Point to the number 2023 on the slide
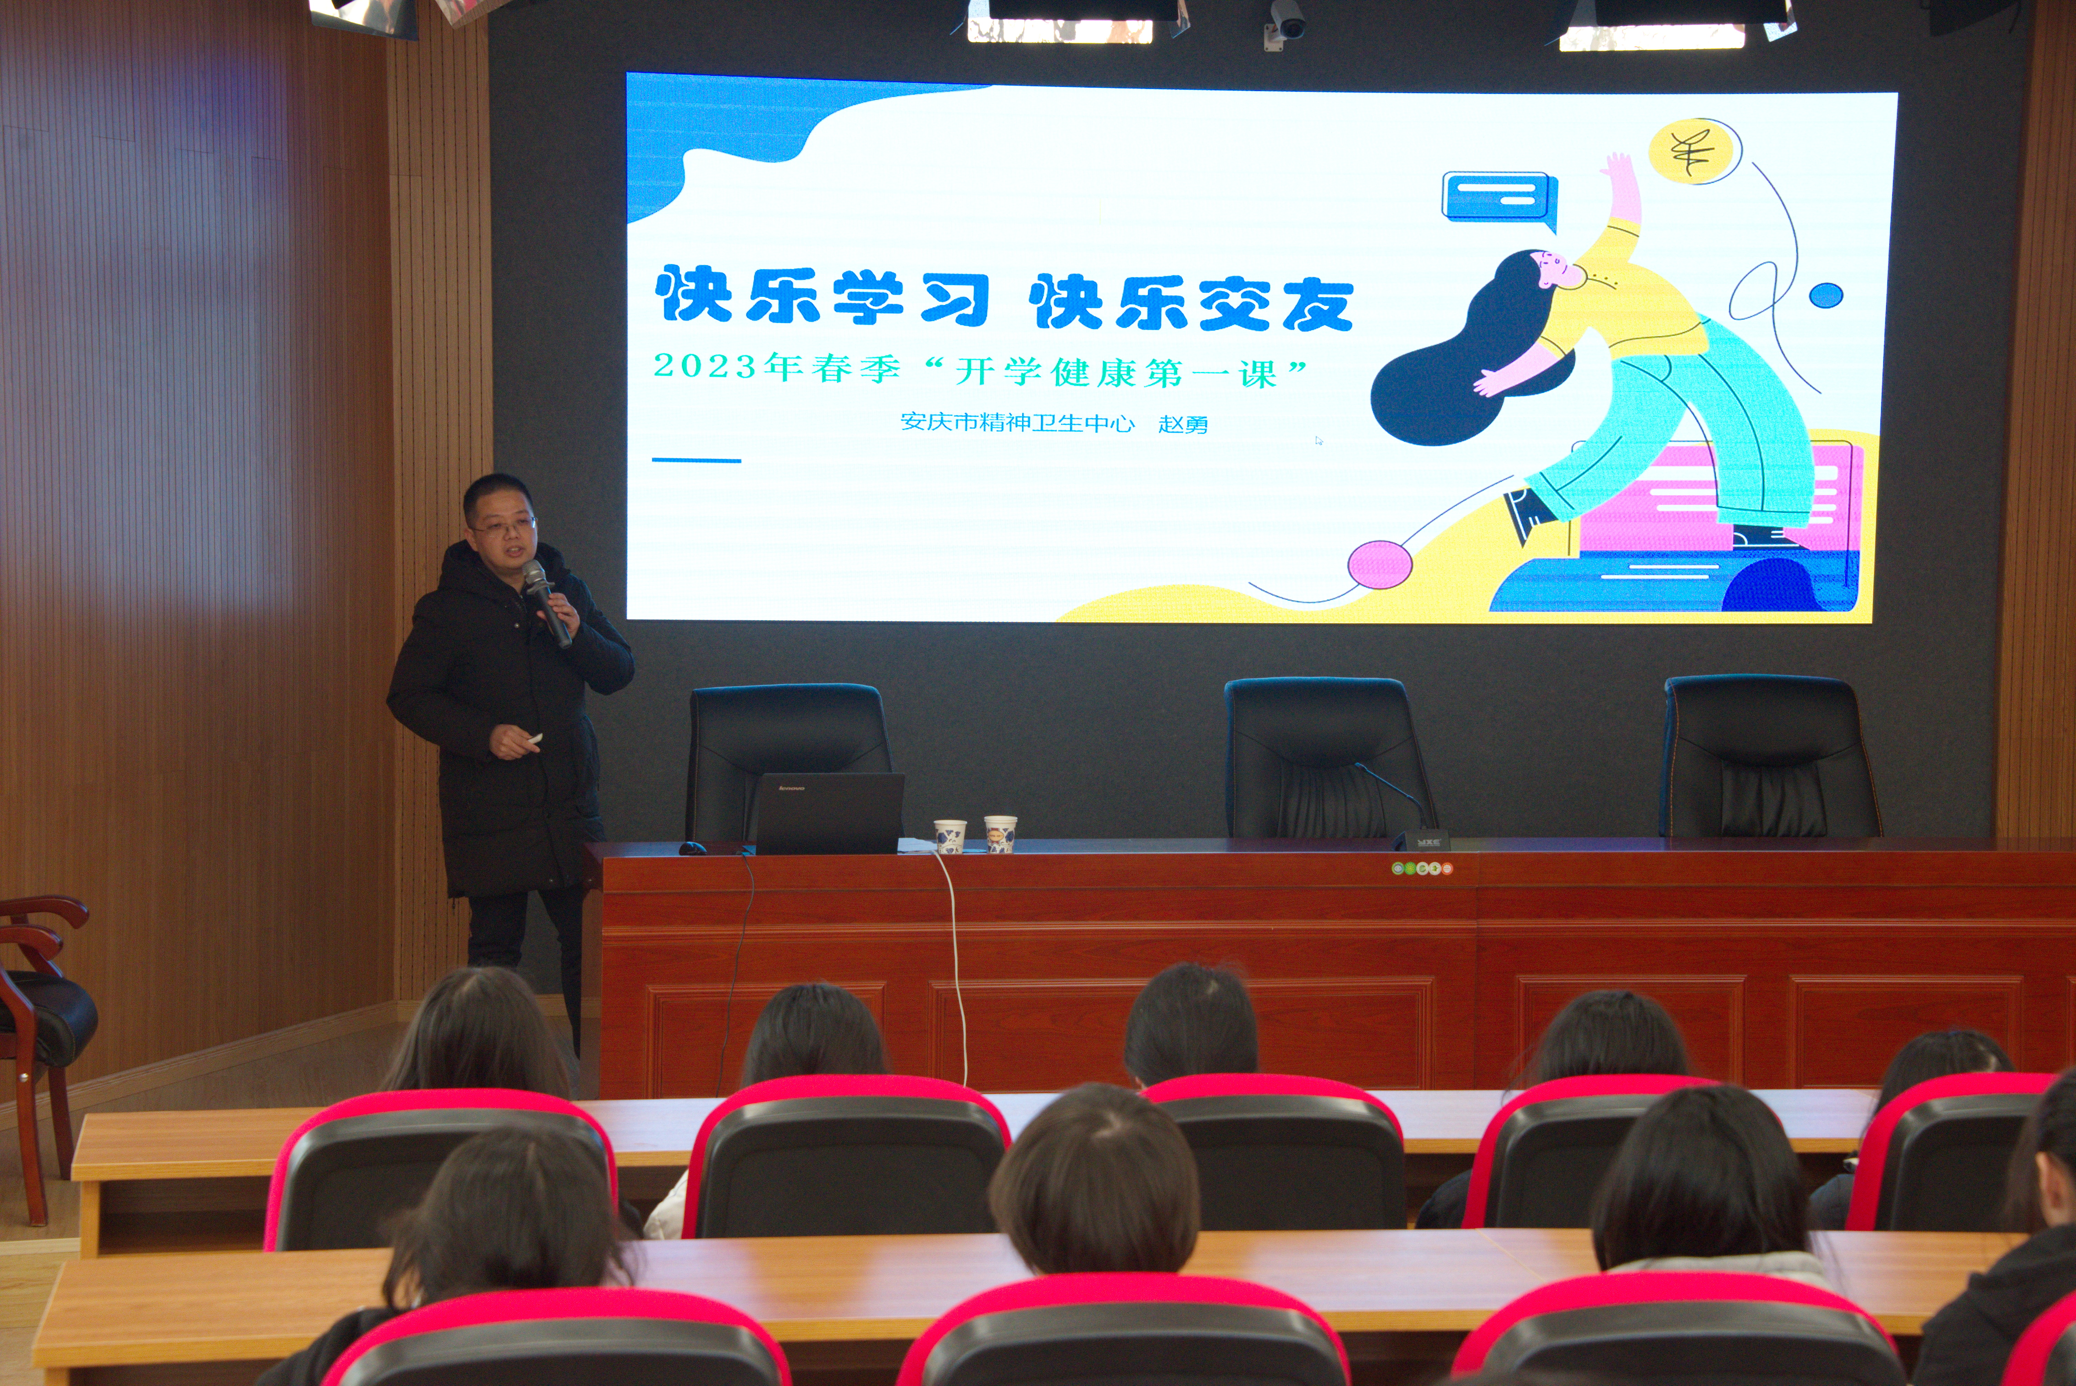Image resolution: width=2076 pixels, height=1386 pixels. [x=705, y=365]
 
